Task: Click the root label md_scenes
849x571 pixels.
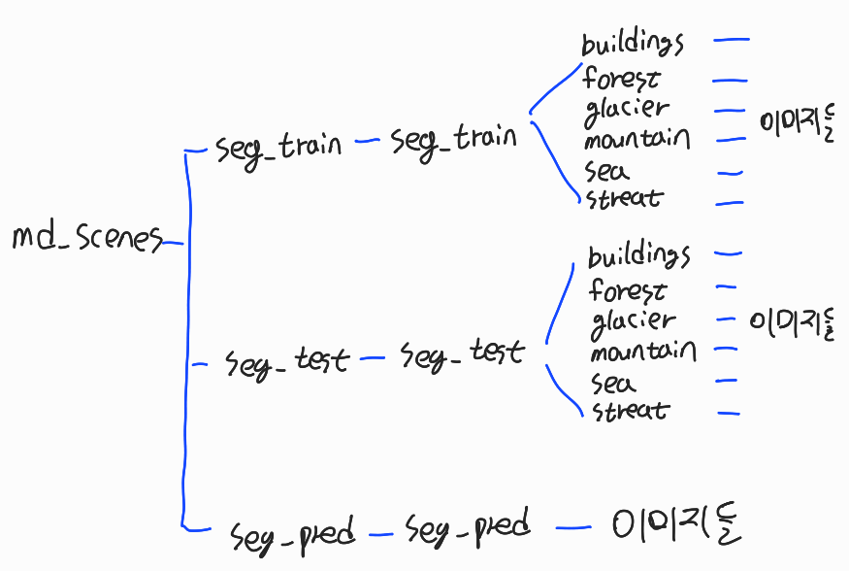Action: click(x=86, y=237)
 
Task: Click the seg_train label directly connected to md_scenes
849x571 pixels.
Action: click(x=279, y=146)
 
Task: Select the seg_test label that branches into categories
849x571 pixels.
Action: click(x=462, y=354)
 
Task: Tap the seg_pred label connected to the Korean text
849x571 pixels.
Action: click(x=469, y=528)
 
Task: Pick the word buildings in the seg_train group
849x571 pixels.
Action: click(x=634, y=44)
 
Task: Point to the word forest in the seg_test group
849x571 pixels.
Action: click(x=628, y=289)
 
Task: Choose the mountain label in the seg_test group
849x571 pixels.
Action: click(x=642, y=350)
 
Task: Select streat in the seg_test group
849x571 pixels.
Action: click(x=630, y=410)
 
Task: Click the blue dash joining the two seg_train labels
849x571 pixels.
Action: click(x=367, y=142)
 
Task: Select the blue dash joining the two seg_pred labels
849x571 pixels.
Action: click(x=381, y=532)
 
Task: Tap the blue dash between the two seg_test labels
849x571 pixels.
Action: click(x=373, y=359)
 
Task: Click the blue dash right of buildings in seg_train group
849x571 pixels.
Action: click(x=731, y=41)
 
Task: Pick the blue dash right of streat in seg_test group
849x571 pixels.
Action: click(x=729, y=413)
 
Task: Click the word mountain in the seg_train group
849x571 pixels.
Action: click(x=637, y=140)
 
